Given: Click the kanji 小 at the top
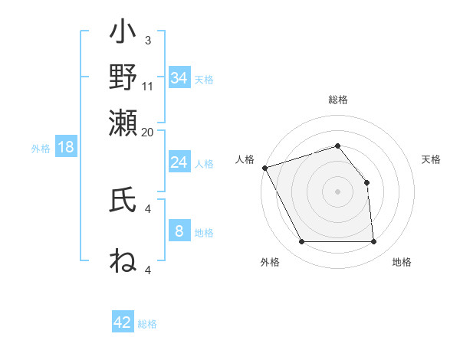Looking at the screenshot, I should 123,34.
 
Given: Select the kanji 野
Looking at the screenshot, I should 123,77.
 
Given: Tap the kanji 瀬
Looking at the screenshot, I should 123,122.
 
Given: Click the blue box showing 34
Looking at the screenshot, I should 179,78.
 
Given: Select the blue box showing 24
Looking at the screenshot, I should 179,162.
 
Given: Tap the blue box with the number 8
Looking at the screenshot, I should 179,231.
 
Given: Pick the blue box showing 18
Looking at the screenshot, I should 66,148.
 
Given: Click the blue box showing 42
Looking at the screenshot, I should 123,322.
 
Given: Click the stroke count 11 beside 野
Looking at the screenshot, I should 148,86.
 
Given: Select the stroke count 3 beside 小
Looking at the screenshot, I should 148,40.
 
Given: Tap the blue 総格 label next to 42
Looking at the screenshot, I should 147,324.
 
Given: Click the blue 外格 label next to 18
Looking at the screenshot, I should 41,149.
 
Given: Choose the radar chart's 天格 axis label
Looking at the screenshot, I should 431,159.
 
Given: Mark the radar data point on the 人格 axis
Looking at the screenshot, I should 264,167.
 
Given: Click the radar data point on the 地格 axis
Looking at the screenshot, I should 373,242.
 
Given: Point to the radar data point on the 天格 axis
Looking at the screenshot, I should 366,182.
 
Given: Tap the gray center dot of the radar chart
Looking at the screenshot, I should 337,191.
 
